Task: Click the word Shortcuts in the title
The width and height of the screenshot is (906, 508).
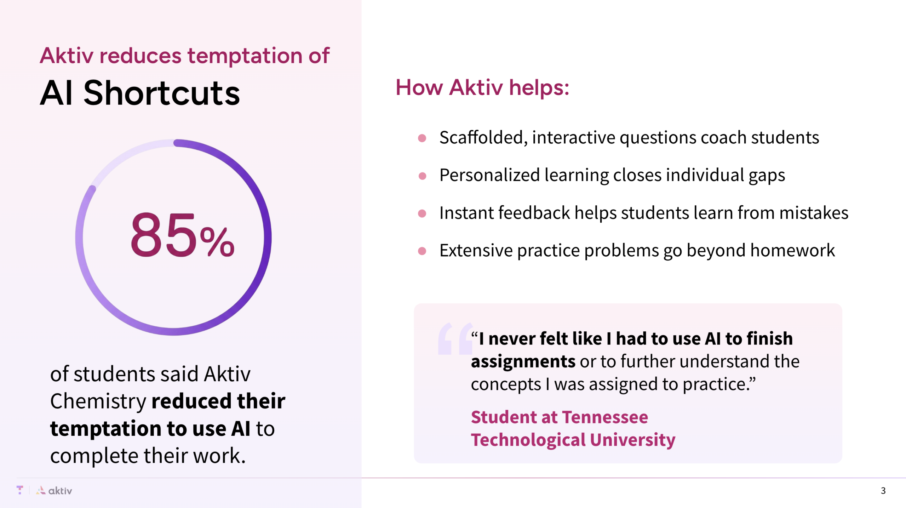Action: pos(161,93)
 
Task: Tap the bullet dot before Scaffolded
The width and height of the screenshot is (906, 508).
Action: pos(422,138)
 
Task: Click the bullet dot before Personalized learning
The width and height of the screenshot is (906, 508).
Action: pos(422,176)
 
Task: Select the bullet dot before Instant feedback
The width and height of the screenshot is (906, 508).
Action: pos(422,213)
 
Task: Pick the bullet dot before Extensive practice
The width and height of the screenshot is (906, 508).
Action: pos(422,251)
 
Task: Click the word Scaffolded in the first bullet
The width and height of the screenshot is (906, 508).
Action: pos(481,137)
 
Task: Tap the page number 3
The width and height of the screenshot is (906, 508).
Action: pos(883,491)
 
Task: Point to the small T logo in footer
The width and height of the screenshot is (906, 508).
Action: pos(20,490)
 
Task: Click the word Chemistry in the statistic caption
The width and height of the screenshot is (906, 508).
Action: pos(98,401)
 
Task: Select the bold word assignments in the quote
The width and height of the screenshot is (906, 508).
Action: pos(523,361)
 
